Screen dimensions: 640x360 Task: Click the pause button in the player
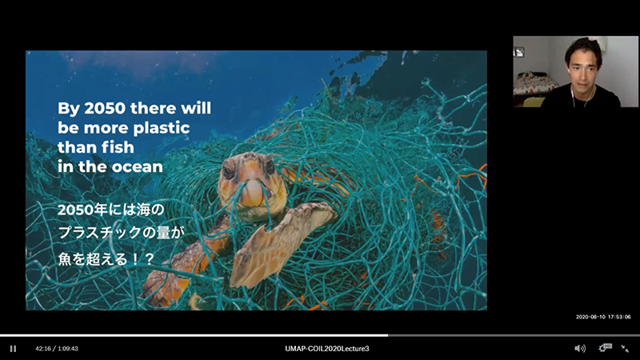coord(13,349)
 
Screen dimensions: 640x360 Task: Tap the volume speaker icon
coord(579,348)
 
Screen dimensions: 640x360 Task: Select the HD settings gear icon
coord(605,348)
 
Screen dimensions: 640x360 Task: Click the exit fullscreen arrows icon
coord(625,348)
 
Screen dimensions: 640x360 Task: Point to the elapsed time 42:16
coord(43,349)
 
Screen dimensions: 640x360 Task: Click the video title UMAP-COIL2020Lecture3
coord(327,349)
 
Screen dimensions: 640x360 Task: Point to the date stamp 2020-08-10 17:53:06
coord(603,317)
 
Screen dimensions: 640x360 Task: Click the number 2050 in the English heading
coord(105,109)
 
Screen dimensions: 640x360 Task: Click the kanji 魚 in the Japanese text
coord(65,258)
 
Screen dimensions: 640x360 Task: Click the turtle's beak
coord(253,192)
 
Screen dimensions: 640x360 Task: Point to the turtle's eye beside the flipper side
coord(270,166)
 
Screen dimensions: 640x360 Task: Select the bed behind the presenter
coord(534,84)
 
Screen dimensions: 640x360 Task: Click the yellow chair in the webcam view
coord(533,102)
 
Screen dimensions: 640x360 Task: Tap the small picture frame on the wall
coord(519,52)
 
